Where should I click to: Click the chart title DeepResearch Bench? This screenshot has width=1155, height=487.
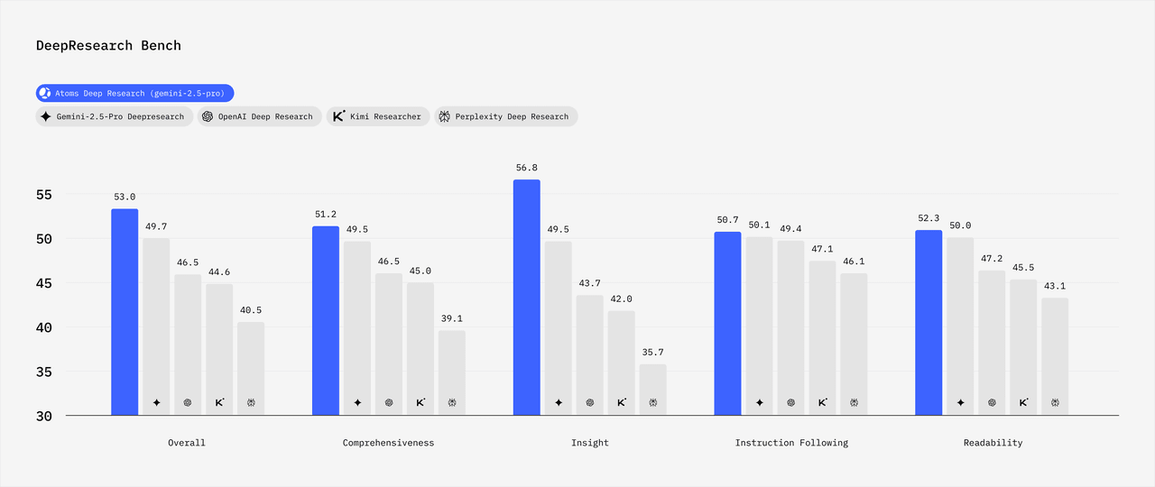coord(108,45)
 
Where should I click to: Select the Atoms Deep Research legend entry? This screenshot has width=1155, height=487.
coord(135,93)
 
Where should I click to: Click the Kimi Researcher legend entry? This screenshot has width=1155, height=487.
coord(376,116)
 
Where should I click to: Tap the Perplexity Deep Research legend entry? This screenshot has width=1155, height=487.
coord(505,116)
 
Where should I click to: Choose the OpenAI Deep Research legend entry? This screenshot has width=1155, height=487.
coord(257,116)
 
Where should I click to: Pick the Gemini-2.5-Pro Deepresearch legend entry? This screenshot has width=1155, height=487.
coord(114,116)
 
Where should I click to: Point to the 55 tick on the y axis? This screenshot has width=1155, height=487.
coord(44,195)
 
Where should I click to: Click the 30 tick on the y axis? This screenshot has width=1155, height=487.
coord(44,416)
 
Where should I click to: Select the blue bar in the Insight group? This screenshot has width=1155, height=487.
coord(527,298)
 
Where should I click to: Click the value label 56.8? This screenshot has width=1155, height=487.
coord(527,168)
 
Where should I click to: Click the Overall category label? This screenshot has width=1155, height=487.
coord(187,443)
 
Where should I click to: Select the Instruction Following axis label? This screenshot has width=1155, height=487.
coord(791,443)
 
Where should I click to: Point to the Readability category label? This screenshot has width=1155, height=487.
coord(992,443)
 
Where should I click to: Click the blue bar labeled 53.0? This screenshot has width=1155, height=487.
coord(125,312)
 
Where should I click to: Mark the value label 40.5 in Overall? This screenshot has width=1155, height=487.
coord(251,310)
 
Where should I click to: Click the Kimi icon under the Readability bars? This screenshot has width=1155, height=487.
coord(1023,403)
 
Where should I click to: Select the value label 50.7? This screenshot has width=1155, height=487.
coord(727,220)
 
